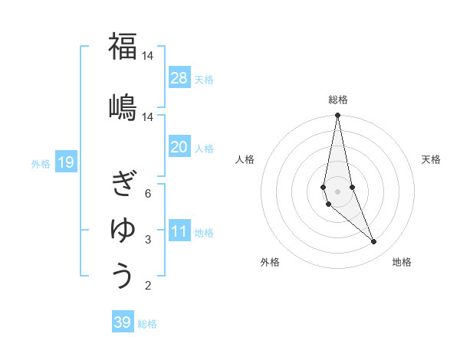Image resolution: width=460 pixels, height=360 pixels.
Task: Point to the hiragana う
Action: click(x=123, y=275)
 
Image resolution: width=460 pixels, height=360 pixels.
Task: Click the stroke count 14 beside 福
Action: click(x=147, y=56)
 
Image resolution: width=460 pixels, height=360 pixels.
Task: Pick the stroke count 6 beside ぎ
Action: click(x=147, y=193)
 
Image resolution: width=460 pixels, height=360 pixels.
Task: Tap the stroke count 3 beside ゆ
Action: click(x=147, y=240)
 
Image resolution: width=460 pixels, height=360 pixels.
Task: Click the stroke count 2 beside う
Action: click(x=147, y=286)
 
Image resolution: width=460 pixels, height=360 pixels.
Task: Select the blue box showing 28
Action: click(x=179, y=78)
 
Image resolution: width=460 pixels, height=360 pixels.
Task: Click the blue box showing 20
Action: click(x=179, y=147)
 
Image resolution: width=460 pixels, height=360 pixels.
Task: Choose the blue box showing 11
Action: click(x=179, y=231)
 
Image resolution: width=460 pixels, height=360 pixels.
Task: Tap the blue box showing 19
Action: click(x=65, y=162)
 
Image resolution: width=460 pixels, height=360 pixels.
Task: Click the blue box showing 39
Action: click(x=123, y=322)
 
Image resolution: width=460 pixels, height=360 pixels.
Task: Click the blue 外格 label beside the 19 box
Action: click(x=41, y=163)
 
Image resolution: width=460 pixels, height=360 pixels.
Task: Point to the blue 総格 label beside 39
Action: click(x=147, y=324)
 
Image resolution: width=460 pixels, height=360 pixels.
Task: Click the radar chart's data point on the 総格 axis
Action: click(x=337, y=116)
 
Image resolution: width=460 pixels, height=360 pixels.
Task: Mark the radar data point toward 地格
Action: click(x=374, y=242)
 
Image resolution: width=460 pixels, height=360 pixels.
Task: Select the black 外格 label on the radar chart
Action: click(x=270, y=262)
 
